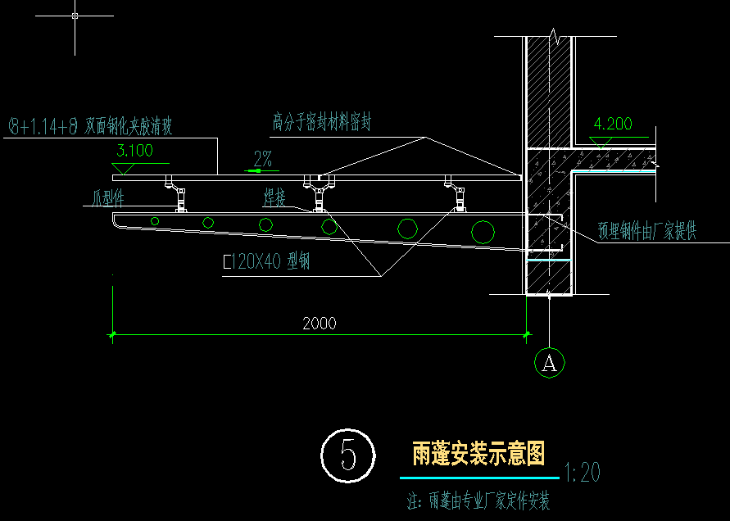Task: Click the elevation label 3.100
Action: pyautogui.click(x=135, y=151)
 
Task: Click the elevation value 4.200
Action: pyautogui.click(x=613, y=125)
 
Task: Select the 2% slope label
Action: pyautogui.click(x=263, y=159)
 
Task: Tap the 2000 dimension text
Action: pyautogui.click(x=319, y=323)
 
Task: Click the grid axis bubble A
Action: pyautogui.click(x=549, y=362)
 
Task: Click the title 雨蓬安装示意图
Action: pyautogui.click(x=478, y=453)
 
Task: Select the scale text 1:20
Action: pyautogui.click(x=583, y=472)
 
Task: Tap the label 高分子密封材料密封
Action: pyautogui.click(x=322, y=123)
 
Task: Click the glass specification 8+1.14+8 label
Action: pyautogui.click(x=90, y=126)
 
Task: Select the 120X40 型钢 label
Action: pyautogui.click(x=267, y=262)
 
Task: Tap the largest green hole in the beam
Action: pyautogui.click(x=483, y=232)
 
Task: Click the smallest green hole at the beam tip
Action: pyautogui.click(x=154, y=220)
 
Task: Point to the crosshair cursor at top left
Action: pyautogui.click(x=75, y=16)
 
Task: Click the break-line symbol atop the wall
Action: pyautogui.click(x=555, y=37)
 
